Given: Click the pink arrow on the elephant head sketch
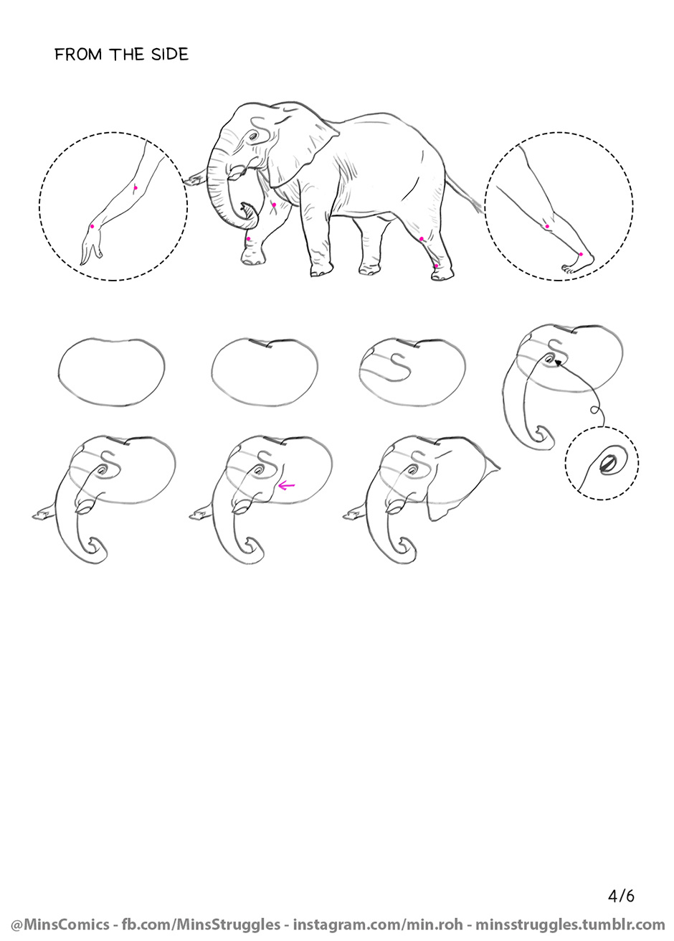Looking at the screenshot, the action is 286,487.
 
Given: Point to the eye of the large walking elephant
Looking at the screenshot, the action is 253,136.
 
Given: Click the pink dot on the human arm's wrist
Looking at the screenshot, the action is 92,226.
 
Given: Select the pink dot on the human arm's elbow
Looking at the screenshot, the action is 135,188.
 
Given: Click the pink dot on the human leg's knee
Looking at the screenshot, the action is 547,226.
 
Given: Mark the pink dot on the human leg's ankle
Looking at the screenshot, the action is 581,255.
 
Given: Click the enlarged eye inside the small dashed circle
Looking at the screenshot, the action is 607,465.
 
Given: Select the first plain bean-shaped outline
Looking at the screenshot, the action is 112,372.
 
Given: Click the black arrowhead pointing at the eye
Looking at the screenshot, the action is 558,362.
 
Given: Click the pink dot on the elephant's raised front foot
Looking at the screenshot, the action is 249,238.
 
